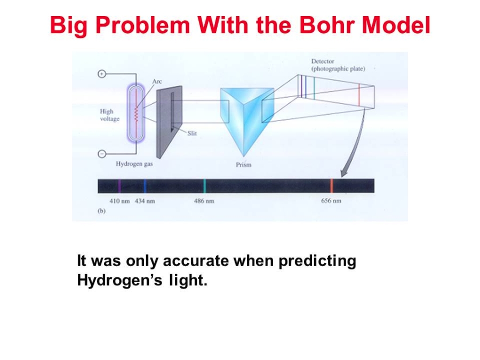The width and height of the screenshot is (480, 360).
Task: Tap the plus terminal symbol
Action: tap(102, 74)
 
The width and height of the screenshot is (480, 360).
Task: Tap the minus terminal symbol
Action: tap(102, 154)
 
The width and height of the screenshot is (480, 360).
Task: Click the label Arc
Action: tap(157, 81)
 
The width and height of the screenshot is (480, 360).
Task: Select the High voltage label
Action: tap(109, 115)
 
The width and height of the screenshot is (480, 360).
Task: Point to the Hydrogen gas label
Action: tap(134, 164)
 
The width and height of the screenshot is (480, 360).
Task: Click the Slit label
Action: tap(192, 133)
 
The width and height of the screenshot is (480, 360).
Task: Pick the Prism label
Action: tap(244, 165)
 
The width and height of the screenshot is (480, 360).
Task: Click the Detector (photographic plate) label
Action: tap(338, 65)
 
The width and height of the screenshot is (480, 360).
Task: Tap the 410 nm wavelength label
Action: tap(119, 201)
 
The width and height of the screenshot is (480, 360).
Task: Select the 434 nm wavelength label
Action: tap(145, 201)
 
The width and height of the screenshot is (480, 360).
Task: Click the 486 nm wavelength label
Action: tap(204, 201)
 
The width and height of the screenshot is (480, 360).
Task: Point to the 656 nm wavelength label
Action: tap(331, 201)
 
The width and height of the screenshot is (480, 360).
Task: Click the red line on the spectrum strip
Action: tap(332, 186)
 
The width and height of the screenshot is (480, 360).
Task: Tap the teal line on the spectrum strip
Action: tap(204, 186)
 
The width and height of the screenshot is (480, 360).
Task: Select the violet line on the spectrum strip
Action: tap(119, 186)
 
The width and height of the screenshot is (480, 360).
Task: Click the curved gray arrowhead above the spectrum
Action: tap(345, 173)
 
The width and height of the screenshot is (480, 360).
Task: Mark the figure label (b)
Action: tap(101, 211)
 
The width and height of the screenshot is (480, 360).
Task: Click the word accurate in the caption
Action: tap(196, 261)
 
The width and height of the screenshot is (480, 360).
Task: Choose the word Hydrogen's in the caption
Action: tap(119, 281)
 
